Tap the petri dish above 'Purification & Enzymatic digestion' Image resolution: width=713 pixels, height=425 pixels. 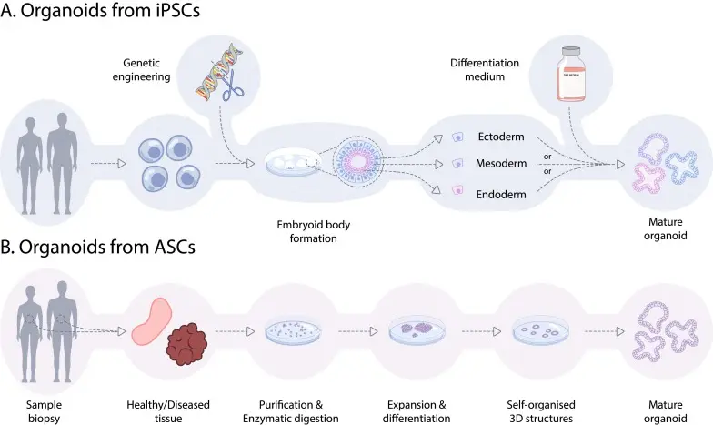pyautogui.click(x=299, y=331)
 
